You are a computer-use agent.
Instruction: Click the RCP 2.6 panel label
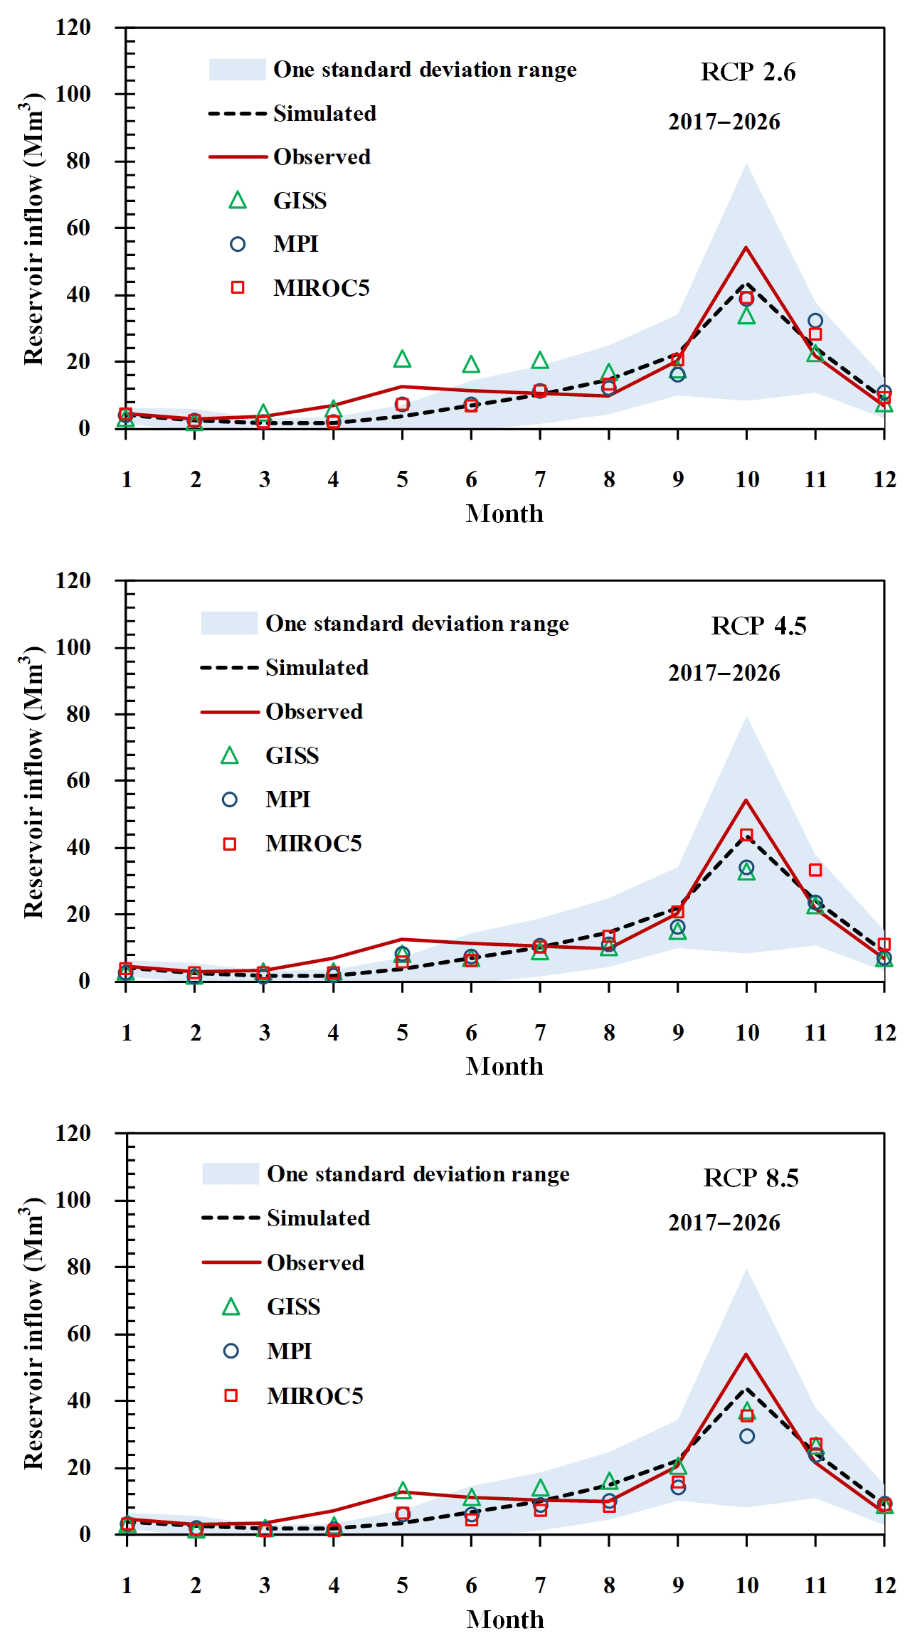(x=748, y=72)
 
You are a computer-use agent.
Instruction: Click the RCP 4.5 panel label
(x=758, y=626)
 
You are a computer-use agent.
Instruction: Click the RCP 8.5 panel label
(x=751, y=1178)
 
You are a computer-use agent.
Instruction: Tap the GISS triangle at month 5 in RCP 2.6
(x=402, y=360)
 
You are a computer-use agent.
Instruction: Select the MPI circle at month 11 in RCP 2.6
(x=815, y=321)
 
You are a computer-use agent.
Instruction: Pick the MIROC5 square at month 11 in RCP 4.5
(x=815, y=870)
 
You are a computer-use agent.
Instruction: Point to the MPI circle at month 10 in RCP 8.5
(x=746, y=1436)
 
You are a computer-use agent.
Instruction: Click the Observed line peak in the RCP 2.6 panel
(x=746, y=248)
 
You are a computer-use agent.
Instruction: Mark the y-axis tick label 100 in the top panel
(x=73, y=94)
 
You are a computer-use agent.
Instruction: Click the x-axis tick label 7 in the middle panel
(x=540, y=1033)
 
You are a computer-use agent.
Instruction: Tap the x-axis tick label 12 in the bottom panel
(x=884, y=1585)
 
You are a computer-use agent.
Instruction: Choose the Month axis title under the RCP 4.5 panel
(x=504, y=1066)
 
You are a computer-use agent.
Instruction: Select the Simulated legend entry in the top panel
(x=324, y=114)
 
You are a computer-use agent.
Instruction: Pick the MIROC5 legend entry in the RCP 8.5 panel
(x=315, y=1396)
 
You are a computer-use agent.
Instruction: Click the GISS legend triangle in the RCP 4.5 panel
(x=230, y=756)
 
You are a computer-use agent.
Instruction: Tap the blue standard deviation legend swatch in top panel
(x=237, y=70)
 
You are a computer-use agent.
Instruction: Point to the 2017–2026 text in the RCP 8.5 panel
(x=724, y=1223)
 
